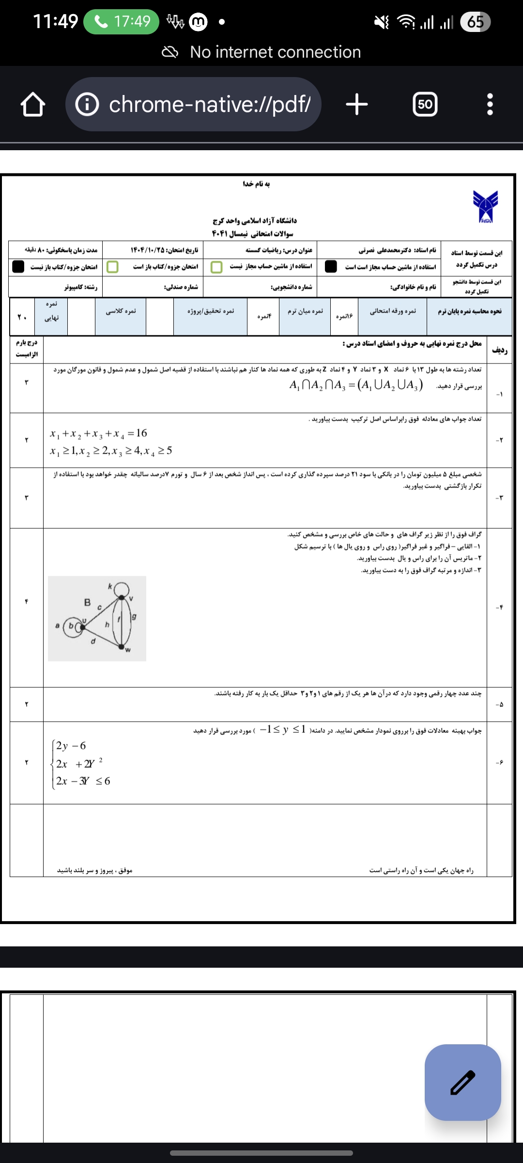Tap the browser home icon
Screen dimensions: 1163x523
(33, 105)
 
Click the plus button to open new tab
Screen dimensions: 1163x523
(357, 104)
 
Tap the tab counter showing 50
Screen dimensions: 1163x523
(425, 104)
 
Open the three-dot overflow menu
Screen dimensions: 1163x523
(490, 104)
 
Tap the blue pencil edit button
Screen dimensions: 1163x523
(462, 1083)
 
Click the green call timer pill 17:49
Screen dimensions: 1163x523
(121, 22)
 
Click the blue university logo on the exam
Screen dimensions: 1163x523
(485, 206)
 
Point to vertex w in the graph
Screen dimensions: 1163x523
(122, 646)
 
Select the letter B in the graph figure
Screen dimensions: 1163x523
(87, 602)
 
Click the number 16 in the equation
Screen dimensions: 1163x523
(141, 433)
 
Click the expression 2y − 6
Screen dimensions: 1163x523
(71, 746)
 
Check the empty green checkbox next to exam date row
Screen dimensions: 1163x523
(112, 267)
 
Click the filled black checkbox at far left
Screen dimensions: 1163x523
(18, 267)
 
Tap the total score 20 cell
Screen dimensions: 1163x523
(22, 317)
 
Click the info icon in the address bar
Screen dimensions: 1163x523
(88, 104)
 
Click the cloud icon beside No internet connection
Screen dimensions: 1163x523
(170, 52)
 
